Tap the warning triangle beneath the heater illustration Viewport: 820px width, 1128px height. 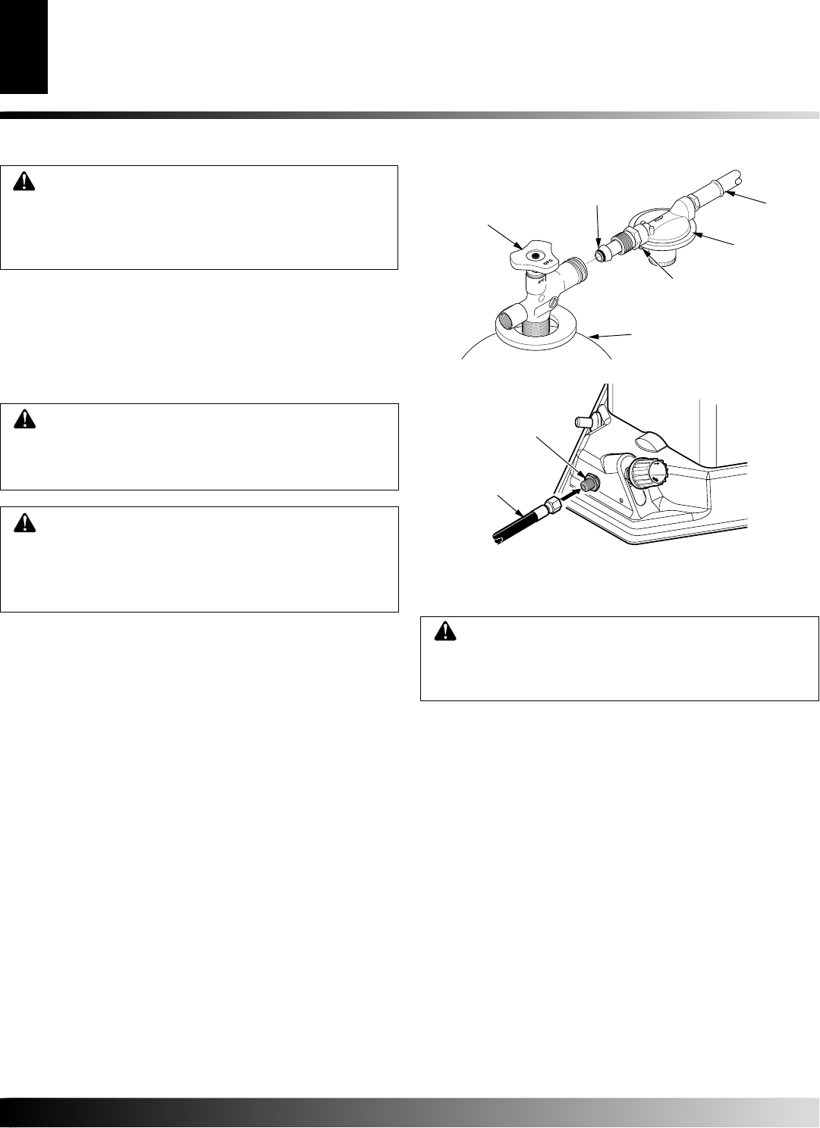[x=442, y=631]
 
